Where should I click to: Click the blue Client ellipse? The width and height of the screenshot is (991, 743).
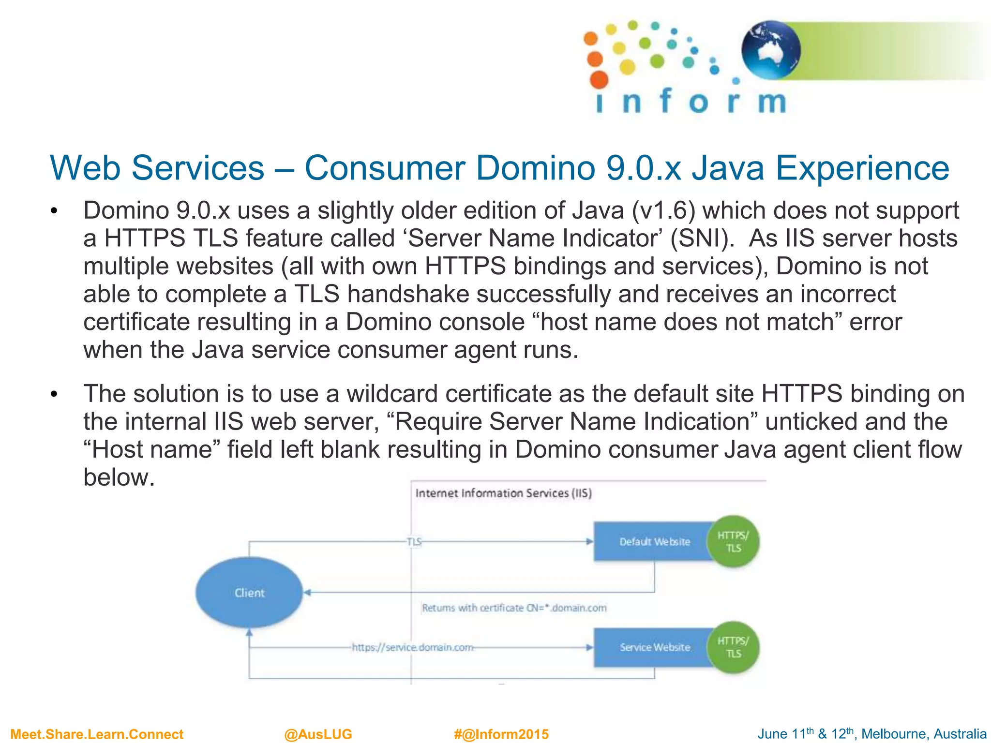[x=249, y=593]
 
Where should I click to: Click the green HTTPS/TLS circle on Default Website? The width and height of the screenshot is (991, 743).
[x=733, y=542]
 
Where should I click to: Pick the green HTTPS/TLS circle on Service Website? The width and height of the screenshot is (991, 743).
[x=733, y=647]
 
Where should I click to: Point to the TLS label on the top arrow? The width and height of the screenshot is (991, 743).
[x=414, y=542]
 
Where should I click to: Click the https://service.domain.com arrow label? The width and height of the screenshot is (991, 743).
[x=412, y=647]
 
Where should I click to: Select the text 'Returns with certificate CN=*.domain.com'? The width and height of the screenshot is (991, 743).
[x=514, y=608]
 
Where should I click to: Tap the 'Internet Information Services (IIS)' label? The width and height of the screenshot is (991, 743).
[x=503, y=493]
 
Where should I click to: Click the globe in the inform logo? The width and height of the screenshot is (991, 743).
[x=770, y=50]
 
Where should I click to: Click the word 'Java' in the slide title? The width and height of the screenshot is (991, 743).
[x=728, y=168]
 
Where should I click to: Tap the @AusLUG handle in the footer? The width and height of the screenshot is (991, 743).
[x=318, y=734]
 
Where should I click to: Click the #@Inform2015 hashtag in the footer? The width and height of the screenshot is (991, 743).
[x=501, y=734]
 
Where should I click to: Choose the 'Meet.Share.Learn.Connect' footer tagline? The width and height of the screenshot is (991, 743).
[x=97, y=734]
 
